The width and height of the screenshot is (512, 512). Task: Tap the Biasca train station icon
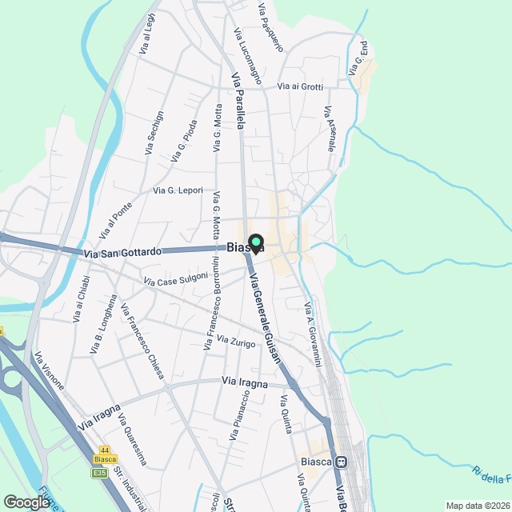coord(341,462)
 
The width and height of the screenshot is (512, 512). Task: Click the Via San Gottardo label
coord(122,252)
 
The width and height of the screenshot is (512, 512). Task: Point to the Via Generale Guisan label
coord(266,318)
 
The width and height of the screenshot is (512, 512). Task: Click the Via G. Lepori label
coord(178,190)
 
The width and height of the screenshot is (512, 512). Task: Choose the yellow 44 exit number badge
coord(105,450)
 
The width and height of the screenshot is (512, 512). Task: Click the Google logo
coord(26,502)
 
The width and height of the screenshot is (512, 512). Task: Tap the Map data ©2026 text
coord(477,506)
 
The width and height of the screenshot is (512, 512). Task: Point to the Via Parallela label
coord(238,102)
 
